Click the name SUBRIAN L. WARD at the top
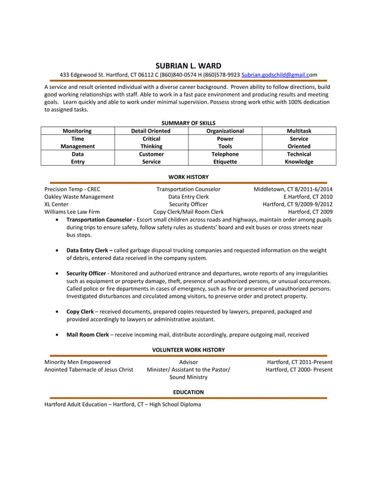pos(188,65)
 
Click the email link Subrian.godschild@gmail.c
pos(277,75)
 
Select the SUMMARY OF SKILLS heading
pos(188,123)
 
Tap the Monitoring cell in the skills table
pos(77,131)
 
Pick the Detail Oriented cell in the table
pos(151,131)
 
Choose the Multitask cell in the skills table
pos(299,131)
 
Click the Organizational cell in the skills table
pos(225,131)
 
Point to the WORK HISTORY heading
pos(188,176)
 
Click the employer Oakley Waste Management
pos(79,197)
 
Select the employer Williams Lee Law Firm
pos(72,211)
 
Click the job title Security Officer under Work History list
pos(188,204)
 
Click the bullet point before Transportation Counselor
pos(56,220)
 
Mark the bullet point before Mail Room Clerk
pos(56,334)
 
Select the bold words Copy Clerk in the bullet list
pos(80,311)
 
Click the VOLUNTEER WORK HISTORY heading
pos(188,350)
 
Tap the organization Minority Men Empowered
pos(77,362)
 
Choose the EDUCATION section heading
pos(188,392)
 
